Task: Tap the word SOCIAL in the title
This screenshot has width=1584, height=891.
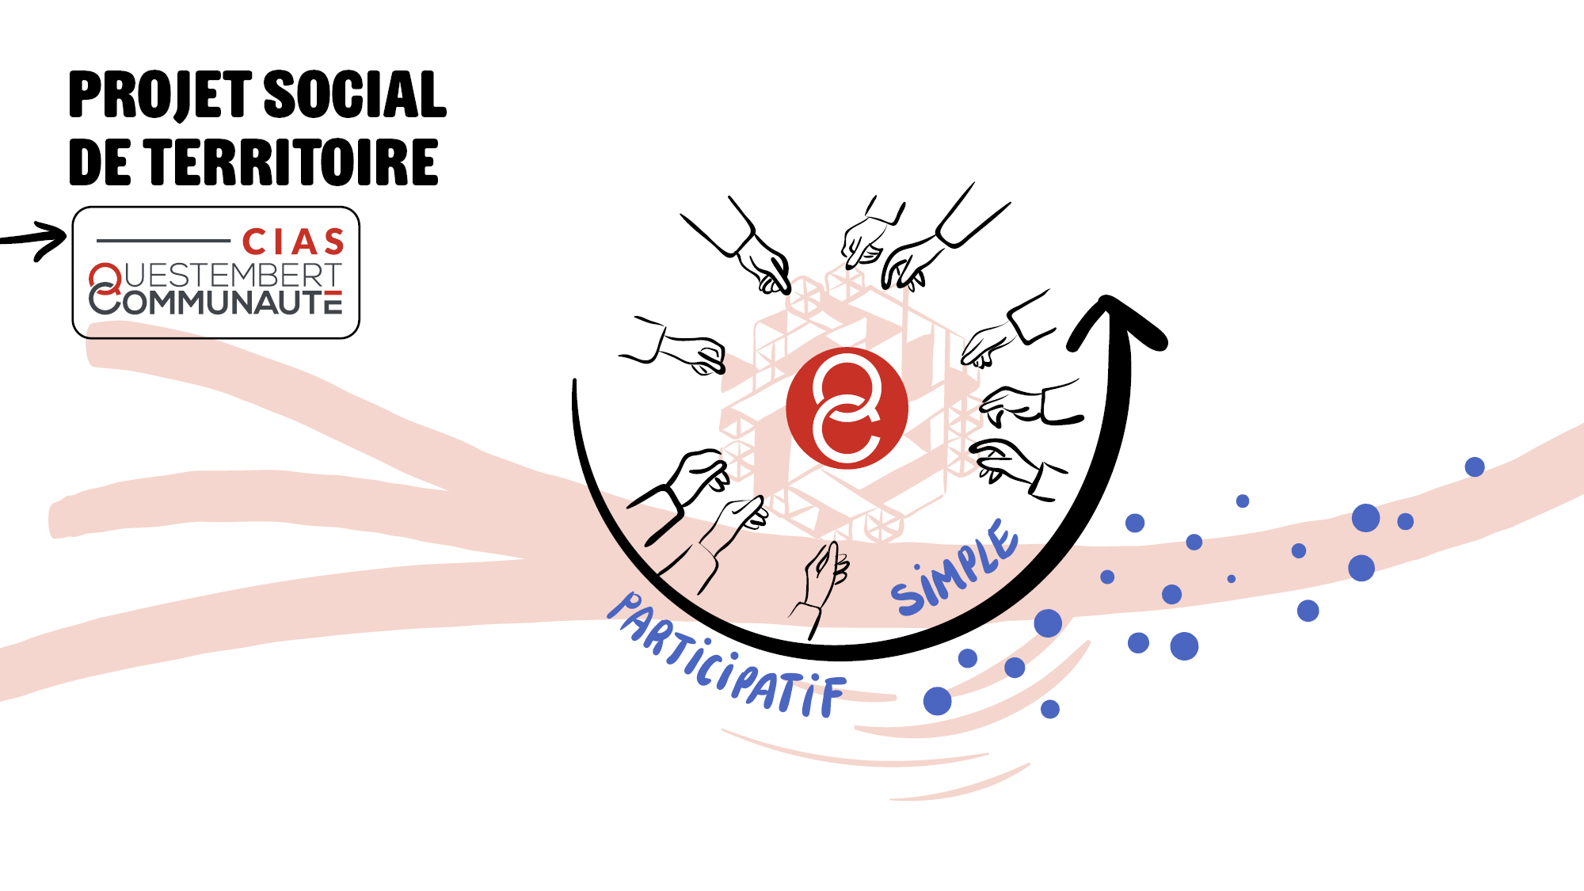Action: [354, 95]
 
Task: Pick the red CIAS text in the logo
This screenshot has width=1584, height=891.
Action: [293, 242]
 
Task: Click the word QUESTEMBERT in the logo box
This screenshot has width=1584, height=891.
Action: [232, 275]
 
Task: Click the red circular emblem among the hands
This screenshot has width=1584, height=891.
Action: [847, 408]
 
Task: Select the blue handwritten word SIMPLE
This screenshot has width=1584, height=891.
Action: [954, 569]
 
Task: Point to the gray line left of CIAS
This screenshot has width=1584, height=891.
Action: [163, 240]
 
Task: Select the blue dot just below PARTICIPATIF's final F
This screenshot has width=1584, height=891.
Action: [937, 701]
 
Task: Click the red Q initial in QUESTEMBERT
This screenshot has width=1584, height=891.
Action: [105, 277]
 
